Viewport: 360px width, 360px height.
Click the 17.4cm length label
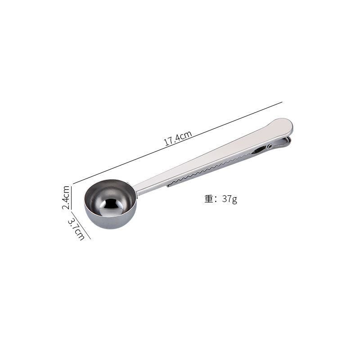(x=178, y=138)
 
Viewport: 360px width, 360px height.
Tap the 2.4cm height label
(x=66, y=198)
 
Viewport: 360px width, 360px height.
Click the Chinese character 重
(x=209, y=199)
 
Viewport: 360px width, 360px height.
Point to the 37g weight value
(x=229, y=199)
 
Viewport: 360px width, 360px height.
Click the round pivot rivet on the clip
(x=270, y=146)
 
